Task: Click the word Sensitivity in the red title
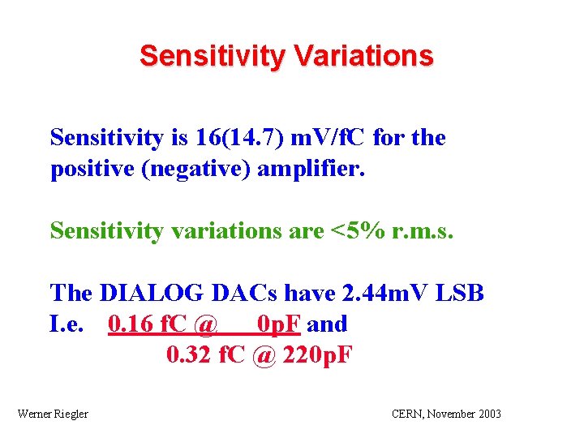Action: pyautogui.click(x=213, y=56)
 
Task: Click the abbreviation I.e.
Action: pyautogui.click(x=67, y=324)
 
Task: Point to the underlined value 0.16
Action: pyautogui.click(x=127, y=324)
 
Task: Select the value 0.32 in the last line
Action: pyautogui.click(x=187, y=355)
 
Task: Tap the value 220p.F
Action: pyautogui.click(x=317, y=355)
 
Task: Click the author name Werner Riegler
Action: pyautogui.click(x=53, y=414)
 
